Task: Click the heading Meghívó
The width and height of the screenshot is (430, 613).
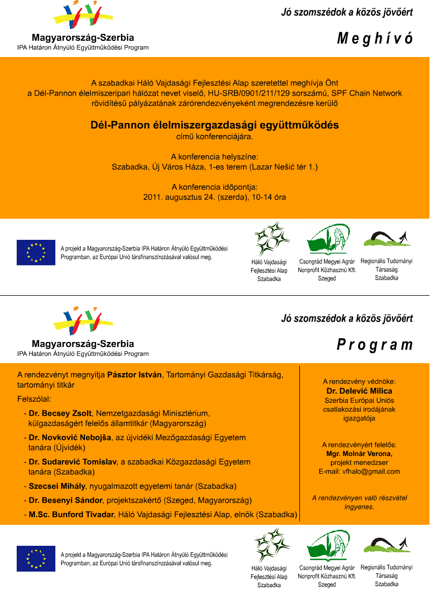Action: [x=375, y=39]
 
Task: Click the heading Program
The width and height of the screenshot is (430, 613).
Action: [x=375, y=345]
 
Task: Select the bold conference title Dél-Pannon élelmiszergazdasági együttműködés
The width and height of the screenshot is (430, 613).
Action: [x=214, y=125]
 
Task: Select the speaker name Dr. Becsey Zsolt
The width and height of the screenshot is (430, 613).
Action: [x=60, y=414]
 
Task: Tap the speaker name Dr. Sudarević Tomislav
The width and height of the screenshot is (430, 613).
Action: [x=73, y=462]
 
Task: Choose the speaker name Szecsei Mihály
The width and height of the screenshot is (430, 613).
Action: [x=57, y=486]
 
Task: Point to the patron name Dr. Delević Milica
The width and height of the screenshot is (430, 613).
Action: [x=359, y=391]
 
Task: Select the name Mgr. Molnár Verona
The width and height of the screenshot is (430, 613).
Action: [x=360, y=454]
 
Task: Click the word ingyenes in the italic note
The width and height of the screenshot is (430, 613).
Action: [x=359, y=507]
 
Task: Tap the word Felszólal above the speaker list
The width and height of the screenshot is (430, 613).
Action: [x=34, y=400]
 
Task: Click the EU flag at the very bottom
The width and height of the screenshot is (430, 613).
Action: [x=36, y=558]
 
